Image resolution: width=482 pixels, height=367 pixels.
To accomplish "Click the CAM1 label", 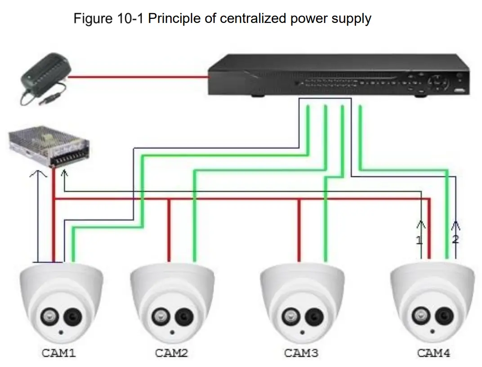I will pyautogui.click(x=58, y=353).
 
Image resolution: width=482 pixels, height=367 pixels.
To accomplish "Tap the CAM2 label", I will pyautogui.click(x=171, y=353).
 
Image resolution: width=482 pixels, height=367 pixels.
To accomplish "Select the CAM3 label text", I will pyautogui.click(x=301, y=353).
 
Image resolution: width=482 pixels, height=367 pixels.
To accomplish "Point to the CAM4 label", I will pyautogui.click(x=433, y=353).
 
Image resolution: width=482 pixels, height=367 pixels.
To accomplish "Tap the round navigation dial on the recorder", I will pyautogui.click(x=437, y=83).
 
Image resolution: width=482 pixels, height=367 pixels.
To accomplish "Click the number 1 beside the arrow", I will pyautogui.click(x=419, y=240).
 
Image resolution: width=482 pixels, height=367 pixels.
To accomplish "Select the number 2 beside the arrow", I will pyautogui.click(x=455, y=239).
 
